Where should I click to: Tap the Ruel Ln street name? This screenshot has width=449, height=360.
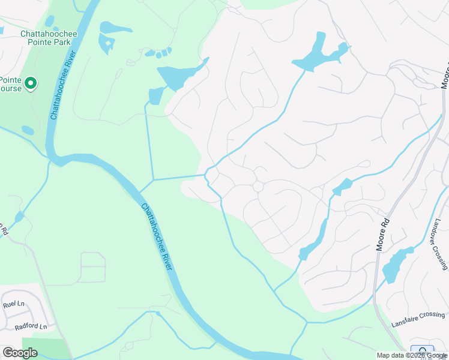tap(12, 304)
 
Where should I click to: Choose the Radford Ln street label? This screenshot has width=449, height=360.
tap(31, 326)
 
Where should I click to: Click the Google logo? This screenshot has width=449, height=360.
tap(20, 352)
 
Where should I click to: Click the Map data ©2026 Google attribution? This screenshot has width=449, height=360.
tap(412, 355)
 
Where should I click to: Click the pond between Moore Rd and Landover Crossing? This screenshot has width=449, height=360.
tap(398, 264)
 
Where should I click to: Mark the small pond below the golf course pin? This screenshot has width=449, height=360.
tap(28, 130)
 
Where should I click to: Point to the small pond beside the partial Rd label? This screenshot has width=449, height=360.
tap(20, 215)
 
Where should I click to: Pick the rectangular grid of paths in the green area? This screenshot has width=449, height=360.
tap(92, 267)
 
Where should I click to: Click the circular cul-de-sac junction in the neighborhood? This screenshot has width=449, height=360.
tap(258, 187)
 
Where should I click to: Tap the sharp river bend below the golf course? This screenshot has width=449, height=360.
tap(57, 158)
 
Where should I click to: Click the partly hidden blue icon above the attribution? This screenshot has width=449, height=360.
tap(422, 351)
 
